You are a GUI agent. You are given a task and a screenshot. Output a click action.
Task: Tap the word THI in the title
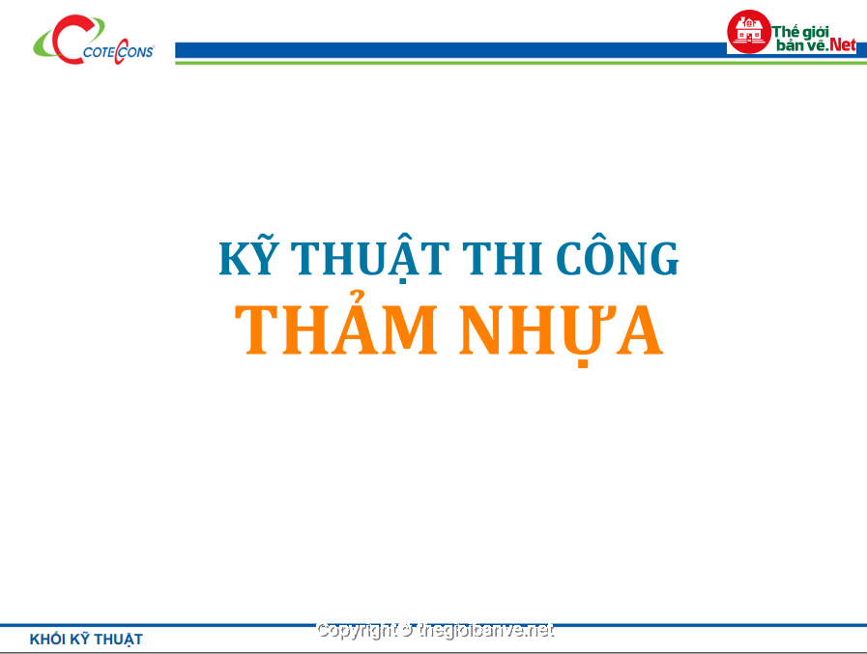click(502, 258)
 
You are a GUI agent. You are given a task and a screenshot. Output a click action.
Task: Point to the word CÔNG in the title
click(617, 256)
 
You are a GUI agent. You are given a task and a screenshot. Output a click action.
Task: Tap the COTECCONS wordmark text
click(118, 52)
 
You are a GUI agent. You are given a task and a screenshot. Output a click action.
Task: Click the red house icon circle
click(749, 32)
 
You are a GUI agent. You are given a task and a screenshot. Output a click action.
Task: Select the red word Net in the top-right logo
click(843, 44)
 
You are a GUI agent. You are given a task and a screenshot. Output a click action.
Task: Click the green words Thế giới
click(800, 32)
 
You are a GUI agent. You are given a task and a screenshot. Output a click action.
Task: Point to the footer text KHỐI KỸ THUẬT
click(86, 640)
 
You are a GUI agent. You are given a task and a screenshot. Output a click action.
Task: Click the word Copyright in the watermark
click(357, 630)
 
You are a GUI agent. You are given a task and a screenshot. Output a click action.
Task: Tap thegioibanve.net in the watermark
click(486, 630)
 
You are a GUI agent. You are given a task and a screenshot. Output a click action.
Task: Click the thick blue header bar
click(450, 50)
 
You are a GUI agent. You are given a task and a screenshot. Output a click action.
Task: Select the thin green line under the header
click(521, 63)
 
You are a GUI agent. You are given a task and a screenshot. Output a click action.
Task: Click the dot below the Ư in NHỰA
click(583, 363)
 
